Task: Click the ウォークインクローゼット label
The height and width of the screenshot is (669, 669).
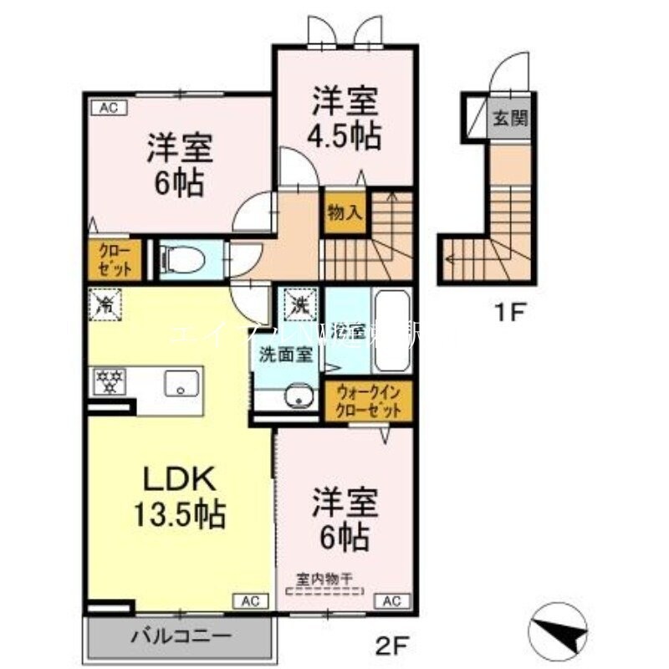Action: coord(369,401)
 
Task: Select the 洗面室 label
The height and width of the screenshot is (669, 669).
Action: coord(285,355)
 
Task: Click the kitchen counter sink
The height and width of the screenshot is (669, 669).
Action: coord(180,384)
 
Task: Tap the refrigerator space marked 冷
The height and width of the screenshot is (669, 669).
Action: coord(106,303)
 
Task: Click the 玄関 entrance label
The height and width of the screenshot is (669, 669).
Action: coord(508,118)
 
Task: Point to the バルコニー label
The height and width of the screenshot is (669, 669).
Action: coord(181,637)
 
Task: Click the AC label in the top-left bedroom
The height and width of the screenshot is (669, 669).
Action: coord(109,106)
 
